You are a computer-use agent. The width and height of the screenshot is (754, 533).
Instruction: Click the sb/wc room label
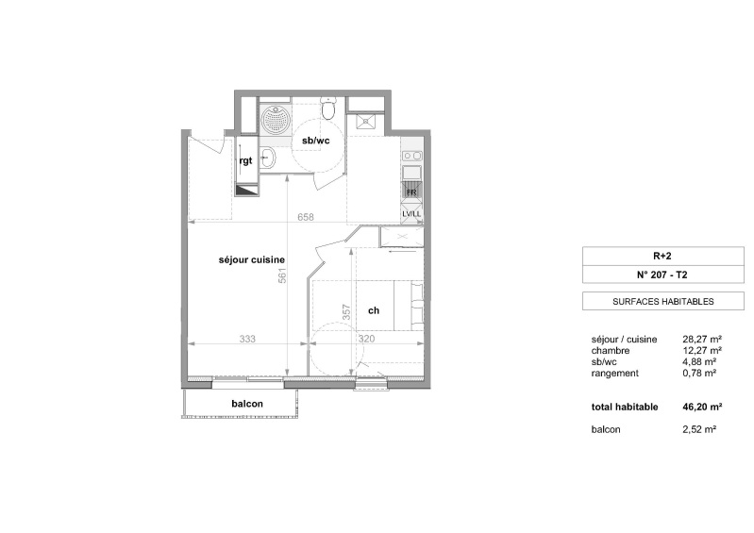point(316,141)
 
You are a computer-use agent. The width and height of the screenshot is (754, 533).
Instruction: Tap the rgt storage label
point(245,160)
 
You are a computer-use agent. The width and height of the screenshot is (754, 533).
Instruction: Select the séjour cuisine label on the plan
point(252,260)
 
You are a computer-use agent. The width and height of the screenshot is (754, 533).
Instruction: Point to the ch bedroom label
point(374,310)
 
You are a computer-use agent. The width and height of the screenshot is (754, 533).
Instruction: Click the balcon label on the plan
point(247,404)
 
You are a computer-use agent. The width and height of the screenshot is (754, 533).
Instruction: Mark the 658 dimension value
point(306,217)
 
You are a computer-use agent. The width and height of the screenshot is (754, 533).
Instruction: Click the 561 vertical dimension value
point(282,275)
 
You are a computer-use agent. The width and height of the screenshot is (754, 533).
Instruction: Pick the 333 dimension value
point(247,339)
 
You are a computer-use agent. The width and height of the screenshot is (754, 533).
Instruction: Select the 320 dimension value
point(366,339)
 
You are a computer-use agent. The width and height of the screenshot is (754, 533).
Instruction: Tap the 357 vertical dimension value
point(346,312)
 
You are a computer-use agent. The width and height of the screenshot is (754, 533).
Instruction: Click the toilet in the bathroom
point(329,108)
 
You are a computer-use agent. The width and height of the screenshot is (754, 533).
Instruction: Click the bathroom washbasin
point(268,158)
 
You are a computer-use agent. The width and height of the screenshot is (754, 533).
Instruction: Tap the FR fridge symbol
point(411,192)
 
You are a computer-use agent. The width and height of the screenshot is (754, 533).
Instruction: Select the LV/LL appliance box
point(411,213)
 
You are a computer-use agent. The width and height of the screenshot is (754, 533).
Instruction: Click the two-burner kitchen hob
point(412,156)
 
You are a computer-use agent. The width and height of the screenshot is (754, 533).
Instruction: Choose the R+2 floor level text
point(662,257)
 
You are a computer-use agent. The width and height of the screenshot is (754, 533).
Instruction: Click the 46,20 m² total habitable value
point(702,408)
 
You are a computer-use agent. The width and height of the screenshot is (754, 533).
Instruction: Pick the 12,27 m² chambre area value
point(702,351)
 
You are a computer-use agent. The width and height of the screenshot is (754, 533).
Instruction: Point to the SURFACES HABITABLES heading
point(663,302)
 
